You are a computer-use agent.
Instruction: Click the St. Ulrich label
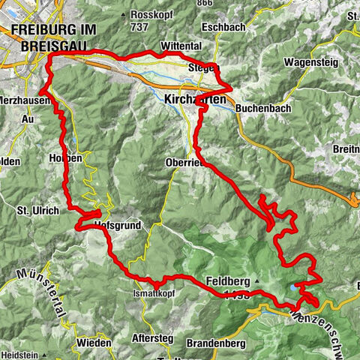(37, 211)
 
